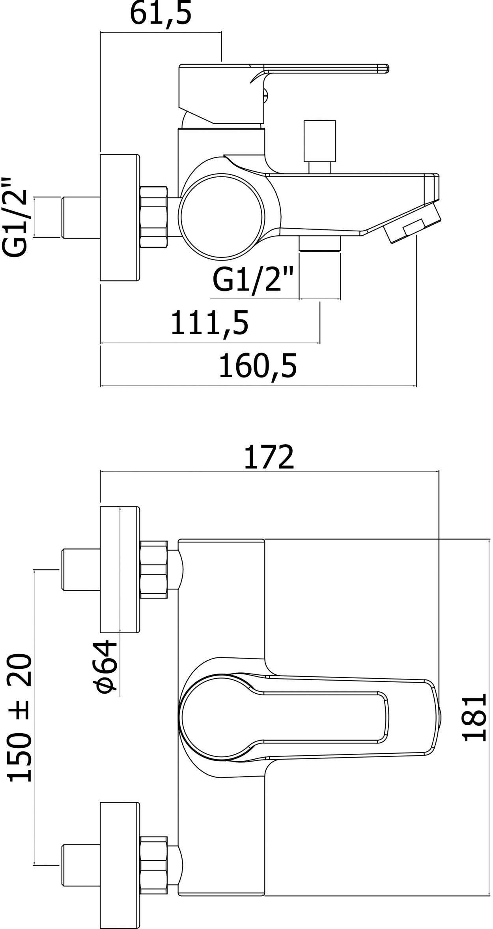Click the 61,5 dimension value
[161, 14]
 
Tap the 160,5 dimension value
[258, 366]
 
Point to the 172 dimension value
[269, 457]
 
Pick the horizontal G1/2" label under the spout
[253, 280]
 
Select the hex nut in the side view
[153, 217]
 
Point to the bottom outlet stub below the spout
[320, 243]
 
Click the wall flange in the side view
[120, 218]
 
